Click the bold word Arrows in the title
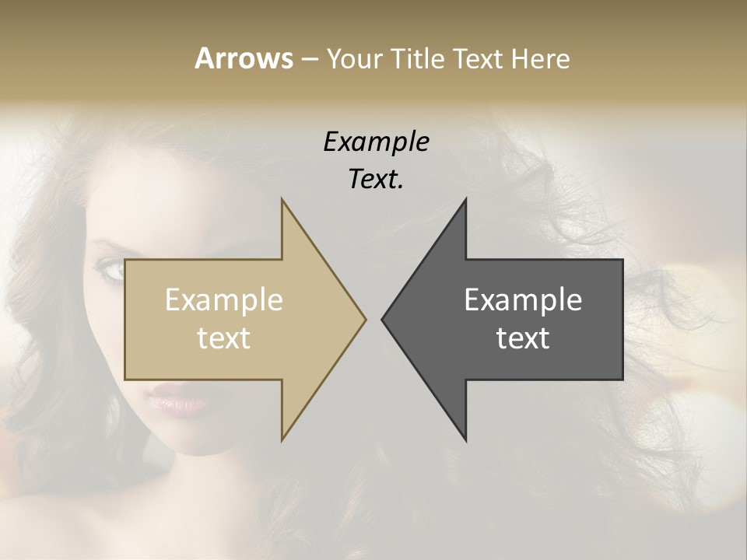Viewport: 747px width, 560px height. pos(244,58)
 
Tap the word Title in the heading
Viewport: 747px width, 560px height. pos(421,59)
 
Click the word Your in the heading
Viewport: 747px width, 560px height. pos(354,59)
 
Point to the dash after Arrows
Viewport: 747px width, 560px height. pos(309,60)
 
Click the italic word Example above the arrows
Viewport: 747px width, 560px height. pos(376,142)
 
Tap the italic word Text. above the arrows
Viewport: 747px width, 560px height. pos(376,180)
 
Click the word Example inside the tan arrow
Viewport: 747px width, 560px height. pos(224,300)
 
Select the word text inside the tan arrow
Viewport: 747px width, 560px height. pos(224,338)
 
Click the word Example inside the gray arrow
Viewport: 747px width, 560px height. pos(523,300)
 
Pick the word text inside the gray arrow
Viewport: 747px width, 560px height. pos(523,338)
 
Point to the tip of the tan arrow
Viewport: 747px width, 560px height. pos(366,319)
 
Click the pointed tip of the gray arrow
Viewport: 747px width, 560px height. pos(382,319)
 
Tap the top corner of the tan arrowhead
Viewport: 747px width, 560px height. pos(282,199)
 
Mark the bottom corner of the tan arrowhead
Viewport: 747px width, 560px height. pos(282,440)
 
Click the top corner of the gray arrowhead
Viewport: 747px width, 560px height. pos(466,199)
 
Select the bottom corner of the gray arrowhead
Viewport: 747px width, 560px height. pos(466,440)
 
